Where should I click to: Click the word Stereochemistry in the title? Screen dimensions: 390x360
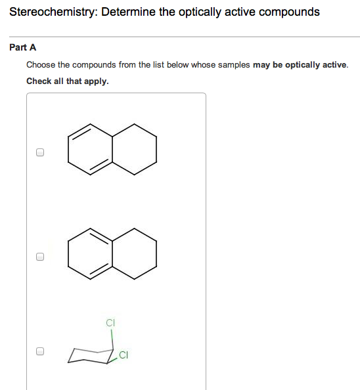[51, 12]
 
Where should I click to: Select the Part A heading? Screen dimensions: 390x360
[23, 47]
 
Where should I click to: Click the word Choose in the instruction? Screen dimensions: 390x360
[41, 65]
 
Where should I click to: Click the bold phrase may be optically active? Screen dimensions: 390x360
[300, 65]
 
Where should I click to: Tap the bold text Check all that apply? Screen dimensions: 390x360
[67, 81]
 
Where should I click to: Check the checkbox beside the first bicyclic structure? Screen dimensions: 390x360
[40, 152]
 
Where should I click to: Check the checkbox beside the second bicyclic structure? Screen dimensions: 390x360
[40, 257]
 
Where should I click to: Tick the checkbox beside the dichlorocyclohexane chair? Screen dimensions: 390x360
[40, 351]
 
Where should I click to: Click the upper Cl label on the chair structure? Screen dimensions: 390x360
[110, 323]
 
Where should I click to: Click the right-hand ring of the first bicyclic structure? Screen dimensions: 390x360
[135, 149]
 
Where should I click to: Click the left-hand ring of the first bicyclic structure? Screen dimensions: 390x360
[91, 149]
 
